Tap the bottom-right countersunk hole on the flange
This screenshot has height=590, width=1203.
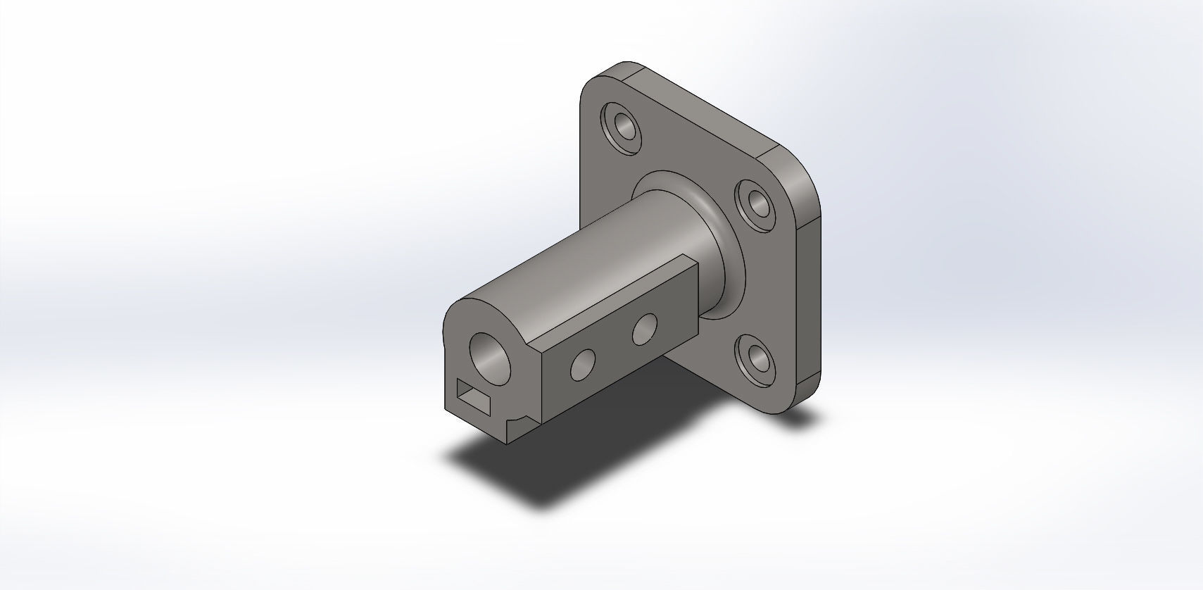click(x=757, y=359)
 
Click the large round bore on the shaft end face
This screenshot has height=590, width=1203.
click(x=491, y=353)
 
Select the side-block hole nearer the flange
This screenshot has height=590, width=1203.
click(x=643, y=329)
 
